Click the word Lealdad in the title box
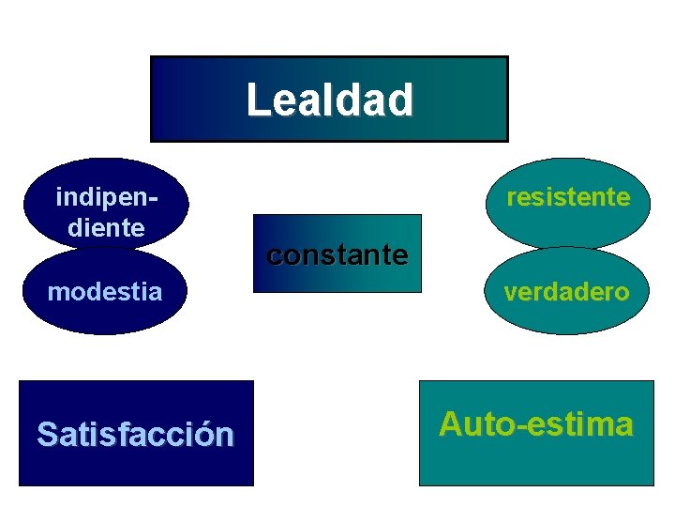[329, 100]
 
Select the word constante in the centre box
[337, 254]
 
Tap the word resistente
[567, 197]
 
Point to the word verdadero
[566, 292]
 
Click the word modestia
[105, 292]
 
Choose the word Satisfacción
[135, 434]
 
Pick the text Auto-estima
[535, 424]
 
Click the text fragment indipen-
[106, 197]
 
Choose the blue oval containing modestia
[105, 315]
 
